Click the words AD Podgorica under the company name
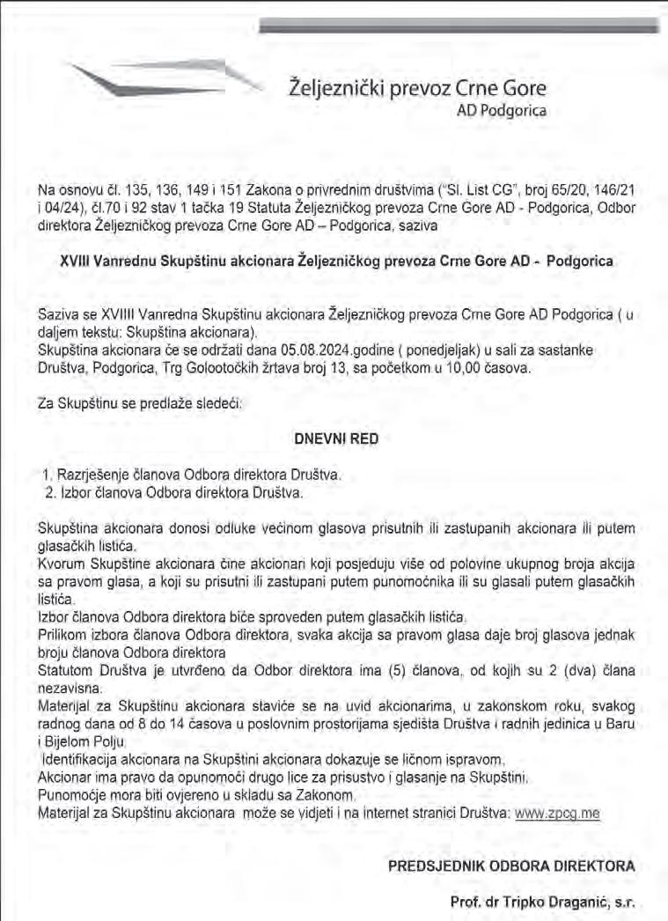click(x=502, y=111)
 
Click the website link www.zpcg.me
click(x=556, y=814)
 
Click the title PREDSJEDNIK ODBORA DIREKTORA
click(x=511, y=866)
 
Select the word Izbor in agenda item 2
click(x=73, y=492)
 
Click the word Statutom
click(x=68, y=671)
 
